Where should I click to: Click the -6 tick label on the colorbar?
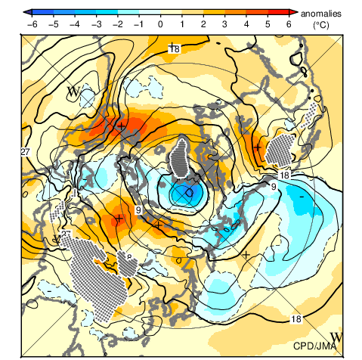point(32,24)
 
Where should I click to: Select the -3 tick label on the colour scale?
point(96,24)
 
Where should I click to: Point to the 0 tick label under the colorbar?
point(160,24)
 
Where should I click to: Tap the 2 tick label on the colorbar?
point(203,24)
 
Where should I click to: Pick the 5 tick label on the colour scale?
point(268,24)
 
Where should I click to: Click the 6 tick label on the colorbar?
point(289,24)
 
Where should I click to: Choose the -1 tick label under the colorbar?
point(139,24)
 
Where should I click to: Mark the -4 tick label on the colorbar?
point(75,24)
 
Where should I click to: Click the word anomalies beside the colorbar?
point(321,14)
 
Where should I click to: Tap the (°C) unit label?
point(321,25)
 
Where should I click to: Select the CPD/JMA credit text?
point(315,346)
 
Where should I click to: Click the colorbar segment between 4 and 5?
point(257,12)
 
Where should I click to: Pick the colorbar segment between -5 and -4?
point(64,12)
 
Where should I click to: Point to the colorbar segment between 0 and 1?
point(172,12)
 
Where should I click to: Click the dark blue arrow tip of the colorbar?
point(27,12)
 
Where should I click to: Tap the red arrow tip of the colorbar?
point(293,12)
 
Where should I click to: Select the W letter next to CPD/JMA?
point(336,337)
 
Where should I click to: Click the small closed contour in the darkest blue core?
point(189,193)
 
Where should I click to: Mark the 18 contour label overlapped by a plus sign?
point(175,48)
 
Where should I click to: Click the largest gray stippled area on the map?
point(98,275)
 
